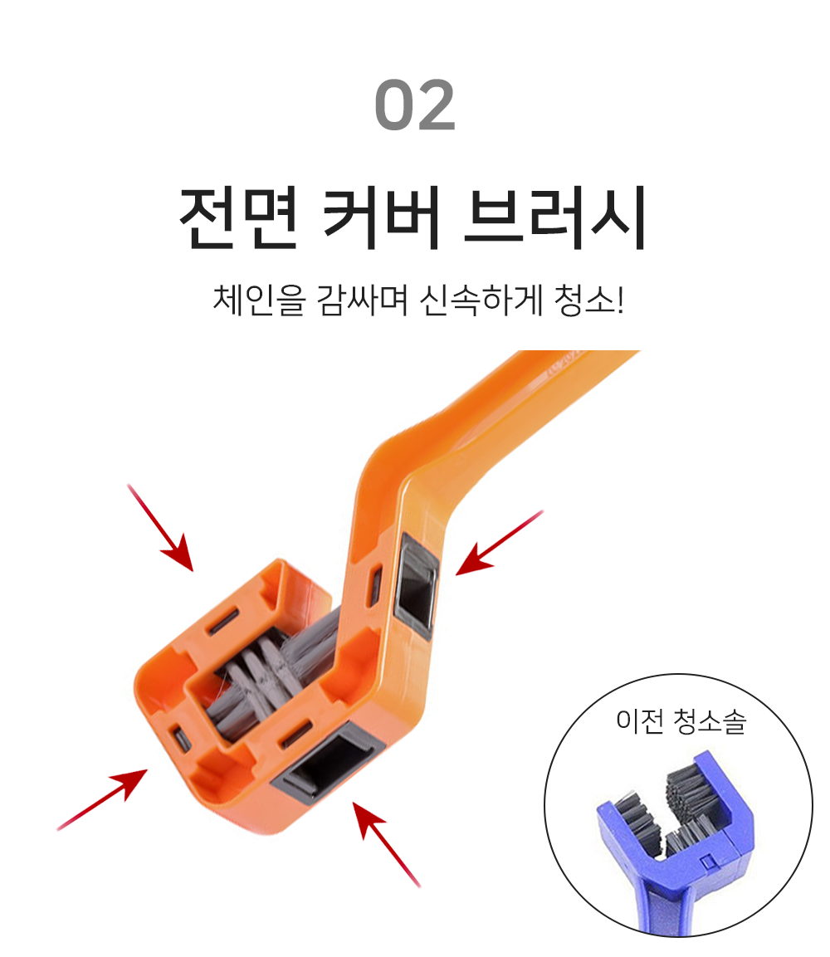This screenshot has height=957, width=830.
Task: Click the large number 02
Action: pos(415,105)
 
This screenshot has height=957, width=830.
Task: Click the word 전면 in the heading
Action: pos(239,218)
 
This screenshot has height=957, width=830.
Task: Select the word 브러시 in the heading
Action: pos(554,218)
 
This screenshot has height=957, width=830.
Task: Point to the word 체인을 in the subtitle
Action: pos(258,300)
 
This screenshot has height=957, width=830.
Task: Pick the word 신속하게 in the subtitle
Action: pos(481,300)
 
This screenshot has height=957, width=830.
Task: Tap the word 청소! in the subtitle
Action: pos(589,300)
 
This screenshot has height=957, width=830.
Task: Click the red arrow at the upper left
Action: pos(160,528)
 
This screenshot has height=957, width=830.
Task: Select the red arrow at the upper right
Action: pos(499,543)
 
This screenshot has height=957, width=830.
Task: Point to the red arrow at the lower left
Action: pos(102,799)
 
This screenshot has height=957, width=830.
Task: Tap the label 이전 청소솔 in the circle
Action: pos(681,720)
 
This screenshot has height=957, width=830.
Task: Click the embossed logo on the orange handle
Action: pos(565,364)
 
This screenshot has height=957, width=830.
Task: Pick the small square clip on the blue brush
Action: pos(707,862)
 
